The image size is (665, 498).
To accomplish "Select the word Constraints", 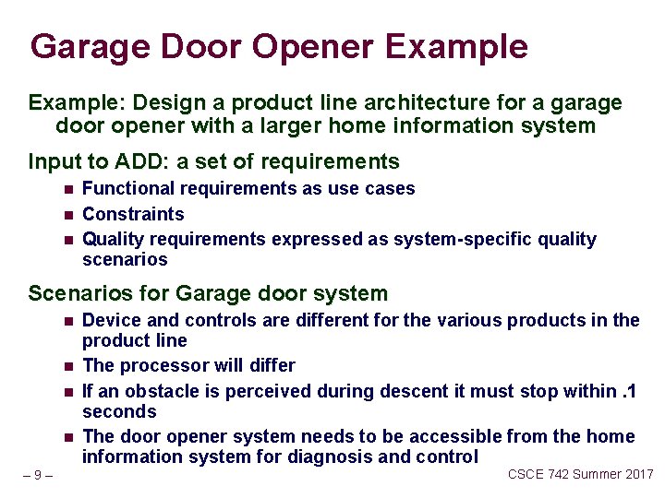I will tap(133, 214).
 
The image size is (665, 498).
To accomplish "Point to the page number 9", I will tap(37, 475).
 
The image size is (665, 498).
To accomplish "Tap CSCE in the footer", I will tap(526, 474).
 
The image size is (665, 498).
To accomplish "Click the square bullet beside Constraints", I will tap(68, 215).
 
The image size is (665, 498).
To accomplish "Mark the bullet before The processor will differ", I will tap(68, 366).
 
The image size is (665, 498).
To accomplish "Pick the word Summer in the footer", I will tap(597, 474).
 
